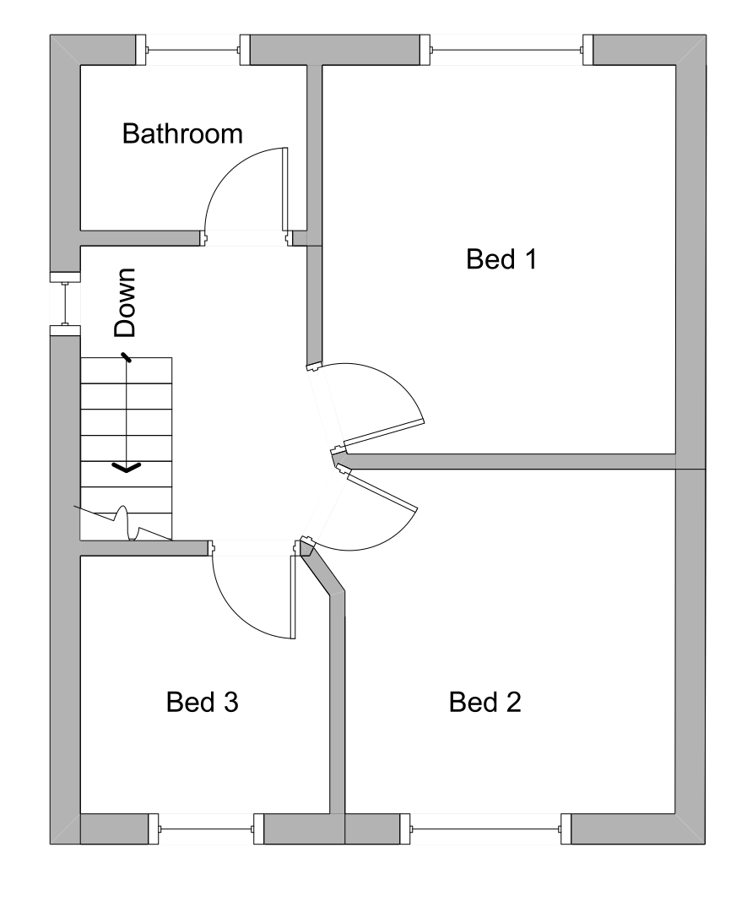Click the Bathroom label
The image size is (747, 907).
pyautogui.click(x=182, y=133)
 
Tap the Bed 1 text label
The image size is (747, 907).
pyautogui.click(x=501, y=259)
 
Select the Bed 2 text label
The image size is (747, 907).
pyautogui.click(x=484, y=702)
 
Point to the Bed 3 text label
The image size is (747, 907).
pyautogui.click(x=202, y=702)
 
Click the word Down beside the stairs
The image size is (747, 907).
pyautogui.click(x=125, y=303)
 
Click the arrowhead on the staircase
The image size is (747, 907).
pyautogui.click(x=127, y=466)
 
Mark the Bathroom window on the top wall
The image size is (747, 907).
pyautogui.click(x=194, y=51)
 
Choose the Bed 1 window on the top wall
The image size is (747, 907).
pyautogui.click(x=506, y=51)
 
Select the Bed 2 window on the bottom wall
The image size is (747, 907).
pyautogui.click(x=485, y=828)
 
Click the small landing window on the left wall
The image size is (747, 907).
pyautogui.click(x=65, y=303)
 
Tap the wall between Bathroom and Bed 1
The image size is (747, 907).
pyautogui.click(x=314, y=152)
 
